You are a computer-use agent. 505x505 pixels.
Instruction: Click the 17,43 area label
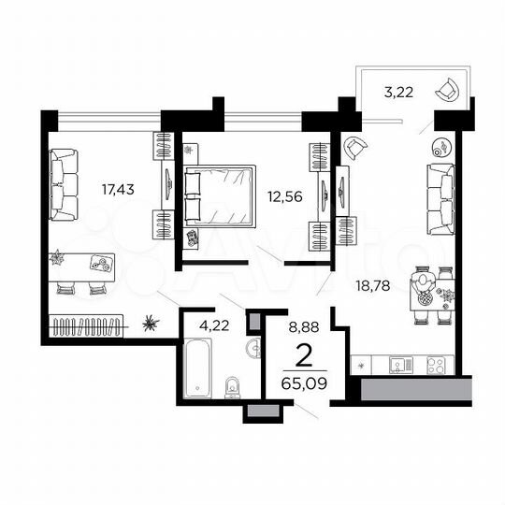(x=118, y=190)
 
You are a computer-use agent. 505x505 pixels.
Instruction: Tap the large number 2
(x=302, y=355)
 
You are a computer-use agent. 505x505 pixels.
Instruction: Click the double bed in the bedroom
(x=221, y=195)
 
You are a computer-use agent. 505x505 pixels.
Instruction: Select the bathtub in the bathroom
(x=198, y=370)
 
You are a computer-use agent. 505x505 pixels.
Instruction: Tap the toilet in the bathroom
(x=233, y=384)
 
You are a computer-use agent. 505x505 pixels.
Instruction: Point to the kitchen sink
(x=397, y=365)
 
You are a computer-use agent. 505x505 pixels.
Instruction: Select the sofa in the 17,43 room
(x=64, y=184)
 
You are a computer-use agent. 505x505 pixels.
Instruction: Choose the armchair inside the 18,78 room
(x=354, y=148)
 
